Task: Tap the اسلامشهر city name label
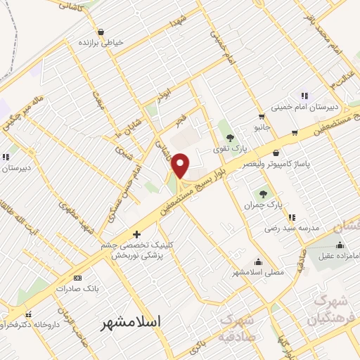[131, 322]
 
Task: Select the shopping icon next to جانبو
[262, 117]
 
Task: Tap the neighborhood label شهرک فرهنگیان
[327, 309]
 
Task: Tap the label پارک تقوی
[231, 150]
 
